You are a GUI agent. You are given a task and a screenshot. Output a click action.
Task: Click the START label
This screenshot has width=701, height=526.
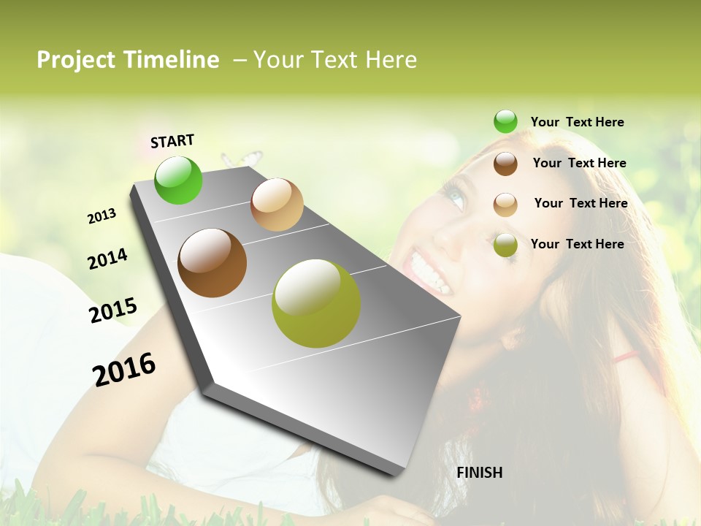(x=172, y=141)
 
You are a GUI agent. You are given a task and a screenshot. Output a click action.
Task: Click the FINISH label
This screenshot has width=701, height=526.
(x=479, y=473)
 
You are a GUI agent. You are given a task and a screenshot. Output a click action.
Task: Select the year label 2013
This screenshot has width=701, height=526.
(x=101, y=216)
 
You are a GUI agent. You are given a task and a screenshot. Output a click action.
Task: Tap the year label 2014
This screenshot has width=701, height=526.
(x=107, y=259)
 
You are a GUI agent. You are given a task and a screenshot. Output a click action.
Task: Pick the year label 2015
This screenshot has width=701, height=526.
(x=113, y=310)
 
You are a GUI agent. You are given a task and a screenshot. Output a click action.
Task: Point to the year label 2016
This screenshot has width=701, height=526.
(x=124, y=369)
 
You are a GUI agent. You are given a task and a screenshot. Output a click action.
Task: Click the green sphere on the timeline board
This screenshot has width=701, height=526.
(x=178, y=180)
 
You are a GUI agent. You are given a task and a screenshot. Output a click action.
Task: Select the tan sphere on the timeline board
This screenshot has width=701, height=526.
(x=277, y=205)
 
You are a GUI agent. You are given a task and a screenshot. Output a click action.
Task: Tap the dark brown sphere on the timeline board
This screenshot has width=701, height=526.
(x=212, y=263)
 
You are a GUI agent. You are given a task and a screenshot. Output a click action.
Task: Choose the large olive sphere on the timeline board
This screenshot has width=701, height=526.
(x=315, y=303)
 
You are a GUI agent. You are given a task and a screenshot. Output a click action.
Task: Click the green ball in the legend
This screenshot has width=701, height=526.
(x=505, y=122)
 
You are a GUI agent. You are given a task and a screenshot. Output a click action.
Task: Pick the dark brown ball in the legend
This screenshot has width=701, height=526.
(x=505, y=163)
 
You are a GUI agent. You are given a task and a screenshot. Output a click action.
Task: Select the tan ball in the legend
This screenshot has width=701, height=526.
(x=505, y=204)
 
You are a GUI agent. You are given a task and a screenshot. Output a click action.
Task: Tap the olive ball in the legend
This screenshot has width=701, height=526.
(x=505, y=245)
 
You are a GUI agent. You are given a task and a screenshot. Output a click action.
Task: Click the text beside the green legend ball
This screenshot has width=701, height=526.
(x=577, y=122)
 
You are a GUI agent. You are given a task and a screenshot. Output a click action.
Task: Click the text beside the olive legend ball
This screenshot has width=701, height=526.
(x=577, y=244)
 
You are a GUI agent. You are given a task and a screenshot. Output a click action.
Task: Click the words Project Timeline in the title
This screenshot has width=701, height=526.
(x=128, y=60)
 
